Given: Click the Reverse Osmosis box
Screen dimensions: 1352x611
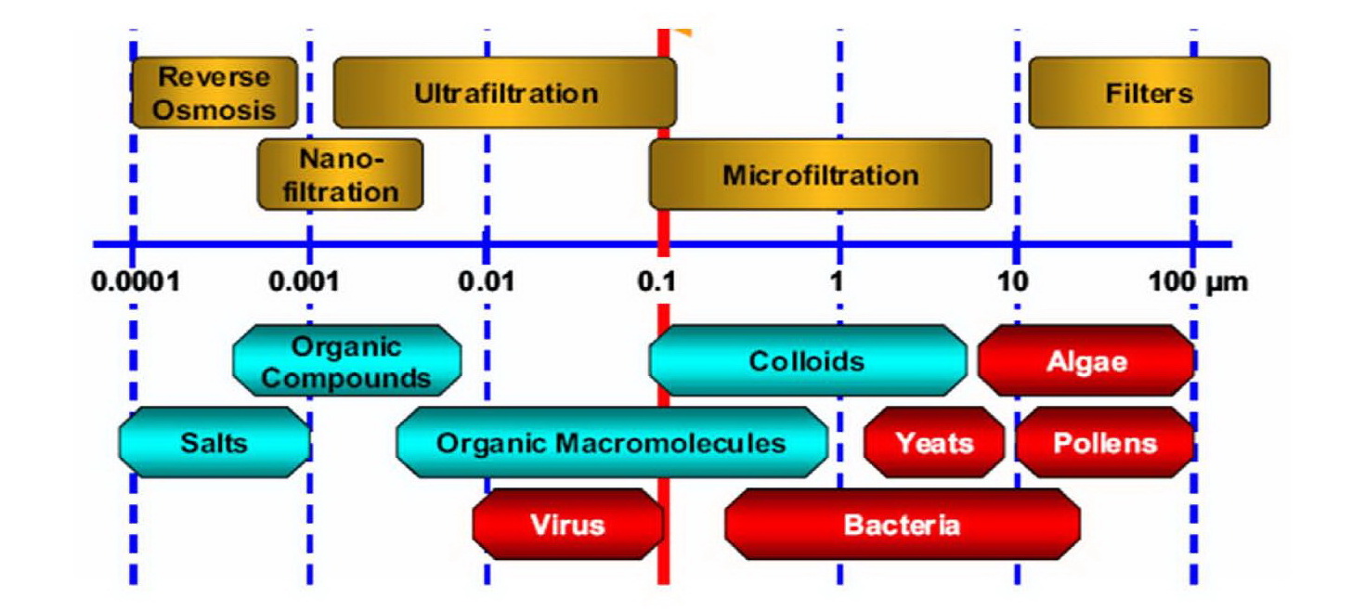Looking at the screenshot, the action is pos(214,92).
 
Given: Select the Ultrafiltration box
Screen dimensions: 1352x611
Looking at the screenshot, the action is pos(505,92).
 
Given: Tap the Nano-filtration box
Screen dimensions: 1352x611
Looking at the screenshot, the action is pos(341,175).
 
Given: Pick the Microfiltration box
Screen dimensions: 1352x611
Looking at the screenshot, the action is pos(820,175).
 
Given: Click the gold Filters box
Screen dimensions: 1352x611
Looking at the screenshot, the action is pos(1150,92).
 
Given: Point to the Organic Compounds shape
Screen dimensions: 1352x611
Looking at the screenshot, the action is pos(347,360).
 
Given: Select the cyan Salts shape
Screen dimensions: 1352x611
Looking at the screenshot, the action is pos(214,443).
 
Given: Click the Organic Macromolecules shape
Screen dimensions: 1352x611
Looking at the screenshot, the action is pos(612,443).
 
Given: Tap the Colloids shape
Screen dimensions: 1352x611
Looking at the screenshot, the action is pos(808,360).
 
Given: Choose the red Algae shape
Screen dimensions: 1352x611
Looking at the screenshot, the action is pos(1086,360).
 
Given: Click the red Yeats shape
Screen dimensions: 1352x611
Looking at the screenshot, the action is pos(934,443).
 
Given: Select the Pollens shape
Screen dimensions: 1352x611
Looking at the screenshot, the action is pos(1105,443).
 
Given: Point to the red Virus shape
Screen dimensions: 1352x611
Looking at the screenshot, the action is pos(568,524).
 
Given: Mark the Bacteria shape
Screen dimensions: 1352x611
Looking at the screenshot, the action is pos(903,524).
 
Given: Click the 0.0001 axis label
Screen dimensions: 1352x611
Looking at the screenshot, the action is pos(136,281).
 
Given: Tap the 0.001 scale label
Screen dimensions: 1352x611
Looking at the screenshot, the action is pos(304,281).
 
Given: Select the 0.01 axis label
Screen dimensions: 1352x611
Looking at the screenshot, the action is pos(486,281).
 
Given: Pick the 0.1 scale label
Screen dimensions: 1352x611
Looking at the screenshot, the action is pos(656,281).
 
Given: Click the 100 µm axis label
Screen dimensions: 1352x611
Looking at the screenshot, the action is pos(1198,282).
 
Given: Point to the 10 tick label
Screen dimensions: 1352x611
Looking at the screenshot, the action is pos(1012,281).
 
